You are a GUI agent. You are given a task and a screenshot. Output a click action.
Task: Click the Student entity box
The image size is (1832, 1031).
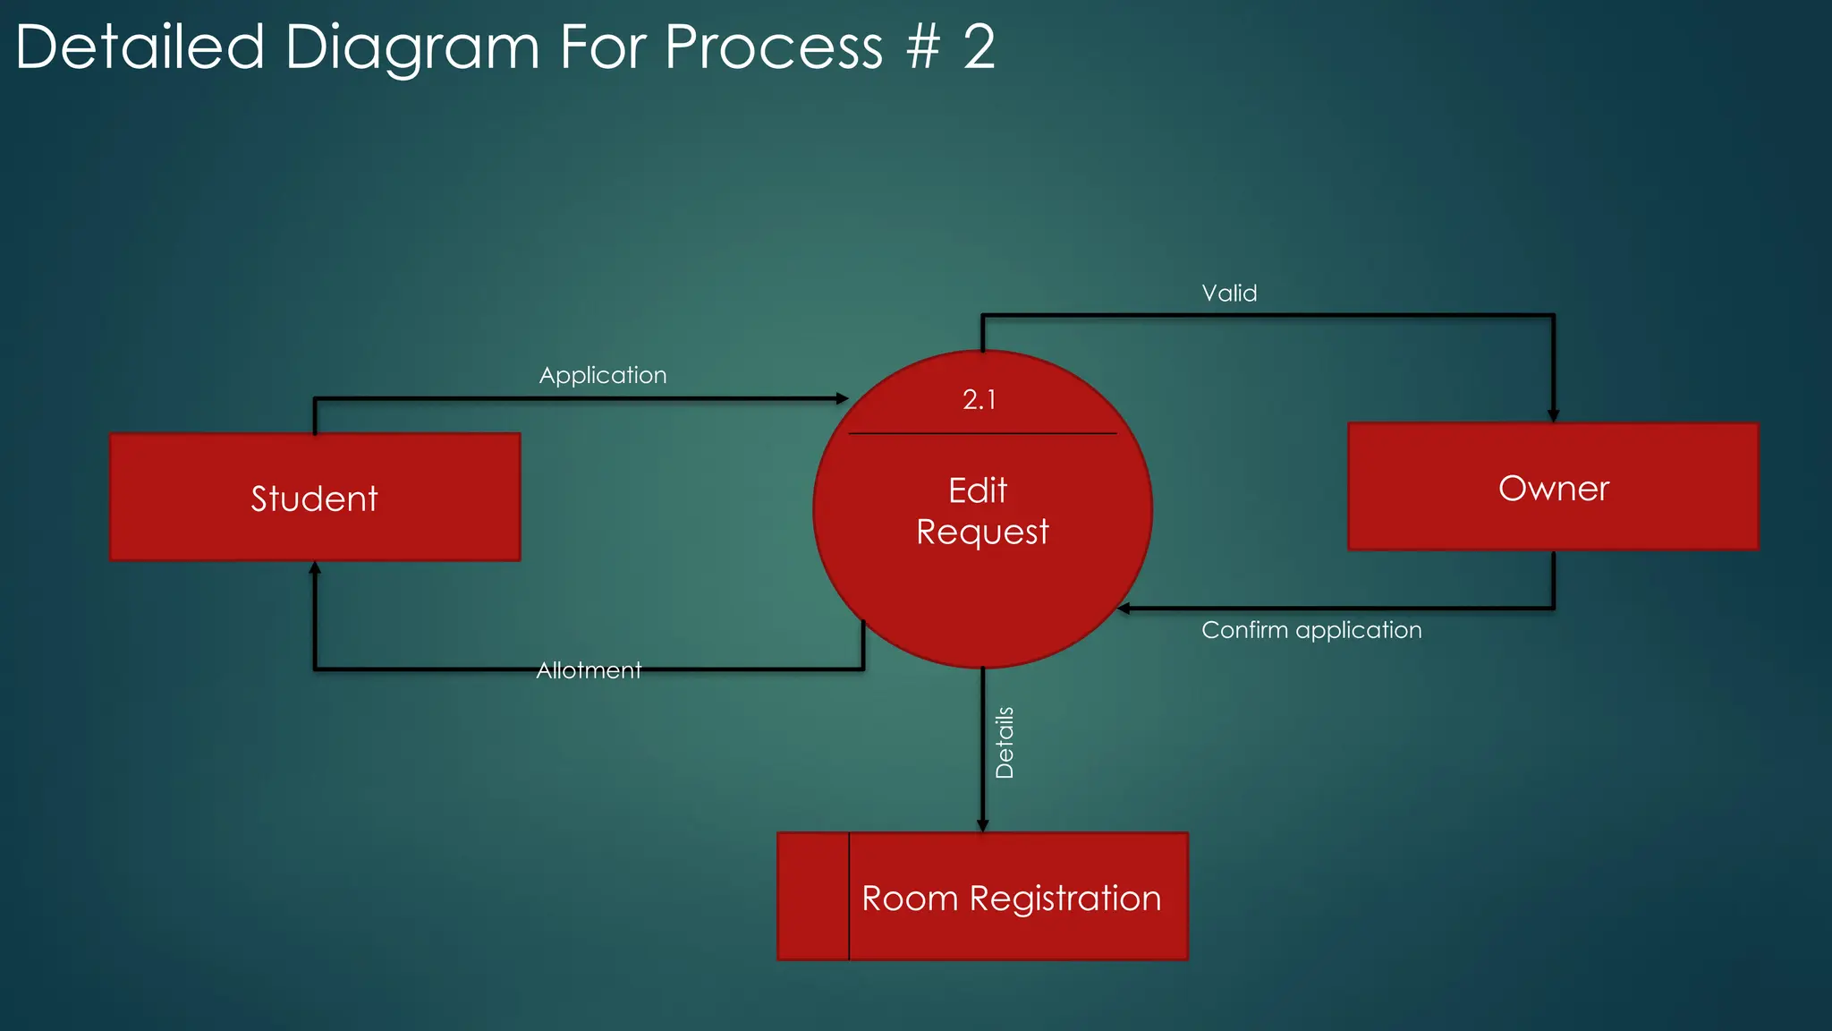click(x=315, y=498)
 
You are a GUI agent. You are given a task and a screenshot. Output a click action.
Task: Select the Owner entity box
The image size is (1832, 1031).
click(x=1553, y=488)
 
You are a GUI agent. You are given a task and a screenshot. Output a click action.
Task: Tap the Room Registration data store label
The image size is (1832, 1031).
click(x=1011, y=898)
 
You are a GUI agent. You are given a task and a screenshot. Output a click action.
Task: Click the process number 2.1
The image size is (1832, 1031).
click(x=980, y=399)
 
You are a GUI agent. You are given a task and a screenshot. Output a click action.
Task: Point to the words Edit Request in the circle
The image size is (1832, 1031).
click(x=981, y=511)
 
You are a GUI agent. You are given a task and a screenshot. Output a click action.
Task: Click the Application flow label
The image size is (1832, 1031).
click(x=603, y=375)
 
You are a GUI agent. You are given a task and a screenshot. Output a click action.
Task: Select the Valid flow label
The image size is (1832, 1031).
click(x=1229, y=294)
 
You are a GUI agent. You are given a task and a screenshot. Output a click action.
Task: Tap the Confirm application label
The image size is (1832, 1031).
click(x=1311, y=630)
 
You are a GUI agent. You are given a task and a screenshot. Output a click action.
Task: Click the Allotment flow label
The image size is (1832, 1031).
click(x=589, y=670)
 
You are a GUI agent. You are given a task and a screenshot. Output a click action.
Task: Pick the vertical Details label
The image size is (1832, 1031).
click(x=1005, y=742)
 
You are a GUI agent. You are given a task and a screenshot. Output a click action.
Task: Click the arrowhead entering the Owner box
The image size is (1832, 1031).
click(x=1554, y=415)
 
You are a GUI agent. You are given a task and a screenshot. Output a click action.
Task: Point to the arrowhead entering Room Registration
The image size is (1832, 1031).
click(x=982, y=825)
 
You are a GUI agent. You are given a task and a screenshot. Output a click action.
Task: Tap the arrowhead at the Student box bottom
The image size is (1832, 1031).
click(x=315, y=567)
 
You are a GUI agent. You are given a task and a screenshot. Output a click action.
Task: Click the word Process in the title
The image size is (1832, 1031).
click(x=774, y=47)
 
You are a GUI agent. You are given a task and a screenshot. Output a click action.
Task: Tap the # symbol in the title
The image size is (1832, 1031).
click(x=922, y=47)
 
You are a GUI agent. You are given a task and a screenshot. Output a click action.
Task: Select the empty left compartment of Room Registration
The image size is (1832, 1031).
click(x=813, y=897)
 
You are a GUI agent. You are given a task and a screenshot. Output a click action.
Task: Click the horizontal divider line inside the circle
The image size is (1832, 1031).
click(x=982, y=433)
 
